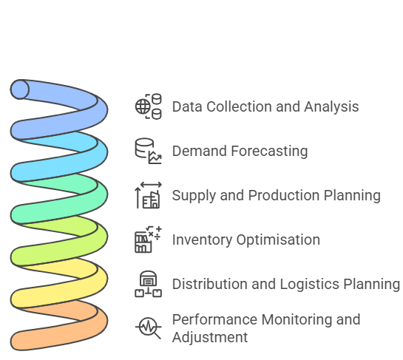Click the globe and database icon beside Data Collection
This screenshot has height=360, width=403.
tap(149, 106)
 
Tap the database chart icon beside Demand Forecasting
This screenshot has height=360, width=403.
tap(149, 151)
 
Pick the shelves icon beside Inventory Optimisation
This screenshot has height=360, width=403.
tap(149, 240)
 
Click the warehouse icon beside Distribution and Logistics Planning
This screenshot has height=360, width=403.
tap(149, 284)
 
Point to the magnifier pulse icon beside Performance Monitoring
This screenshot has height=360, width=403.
tap(149, 327)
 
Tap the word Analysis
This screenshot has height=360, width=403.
tap(331, 106)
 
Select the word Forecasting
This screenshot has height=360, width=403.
tap(269, 151)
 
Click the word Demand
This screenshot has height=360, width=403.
tap(200, 151)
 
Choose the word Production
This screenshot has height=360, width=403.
tap(284, 195)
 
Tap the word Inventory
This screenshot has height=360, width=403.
tap(202, 240)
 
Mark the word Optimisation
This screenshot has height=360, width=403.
tap(278, 240)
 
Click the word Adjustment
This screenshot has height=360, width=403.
tap(210, 337)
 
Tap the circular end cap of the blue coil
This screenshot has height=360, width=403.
tap(19, 89)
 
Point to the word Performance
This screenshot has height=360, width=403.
tap(214, 319)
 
